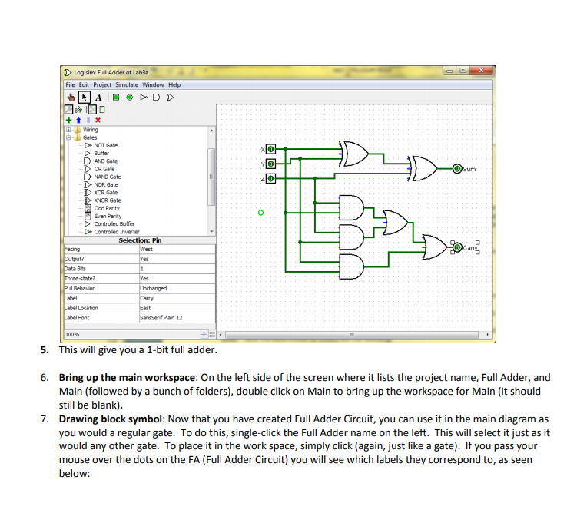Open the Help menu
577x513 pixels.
click(174, 84)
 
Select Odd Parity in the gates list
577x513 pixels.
click(106, 208)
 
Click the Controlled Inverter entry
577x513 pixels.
click(116, 232)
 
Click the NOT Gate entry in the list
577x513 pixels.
click(105, 145)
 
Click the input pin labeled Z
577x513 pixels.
click(270, 179)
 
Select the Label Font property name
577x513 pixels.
click(77, 318)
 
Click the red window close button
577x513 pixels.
click(482, 71)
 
